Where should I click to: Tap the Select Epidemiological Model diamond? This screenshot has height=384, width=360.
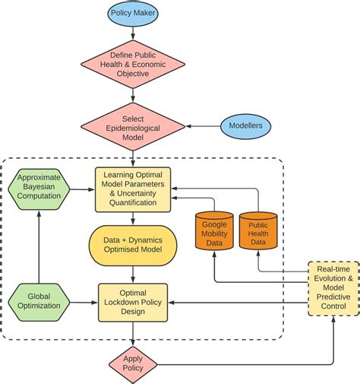134,125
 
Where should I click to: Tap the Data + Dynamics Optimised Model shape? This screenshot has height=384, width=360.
134,245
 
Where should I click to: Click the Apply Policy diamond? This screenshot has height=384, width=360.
134,360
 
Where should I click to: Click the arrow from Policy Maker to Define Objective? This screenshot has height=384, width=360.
134,32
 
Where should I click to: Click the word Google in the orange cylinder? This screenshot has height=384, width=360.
214,226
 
